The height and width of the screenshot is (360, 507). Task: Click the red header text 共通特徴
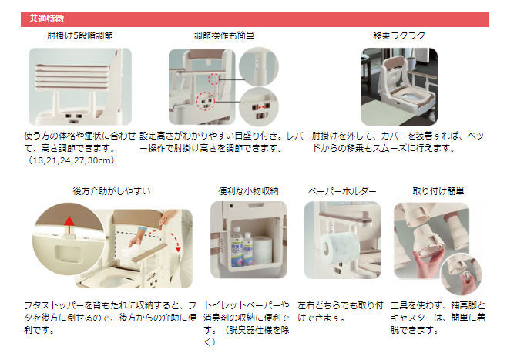tap(46, 19)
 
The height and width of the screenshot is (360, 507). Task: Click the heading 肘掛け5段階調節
tap(80, 35)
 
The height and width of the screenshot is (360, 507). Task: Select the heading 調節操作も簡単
tap(224, 35)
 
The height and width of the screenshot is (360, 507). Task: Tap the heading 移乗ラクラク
tap(399, 35)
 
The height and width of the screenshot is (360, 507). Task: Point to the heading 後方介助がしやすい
tap(112, 191)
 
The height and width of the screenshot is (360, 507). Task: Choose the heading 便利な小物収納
tap(248, 191)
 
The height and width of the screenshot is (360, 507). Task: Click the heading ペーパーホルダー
tap(342, 191)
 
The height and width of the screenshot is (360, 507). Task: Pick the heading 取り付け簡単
tap(438, 191)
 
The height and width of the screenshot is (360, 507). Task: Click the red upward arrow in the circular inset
tap(69, 225)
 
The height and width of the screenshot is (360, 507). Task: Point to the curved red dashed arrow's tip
tap(178, 250)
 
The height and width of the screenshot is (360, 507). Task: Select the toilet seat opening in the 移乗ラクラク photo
tap(409, 97)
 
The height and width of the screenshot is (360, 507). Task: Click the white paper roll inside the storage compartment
tap(263, 250)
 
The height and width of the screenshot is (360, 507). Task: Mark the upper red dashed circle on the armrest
tap(213, 79)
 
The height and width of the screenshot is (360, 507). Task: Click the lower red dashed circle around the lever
tap(205, 101)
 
